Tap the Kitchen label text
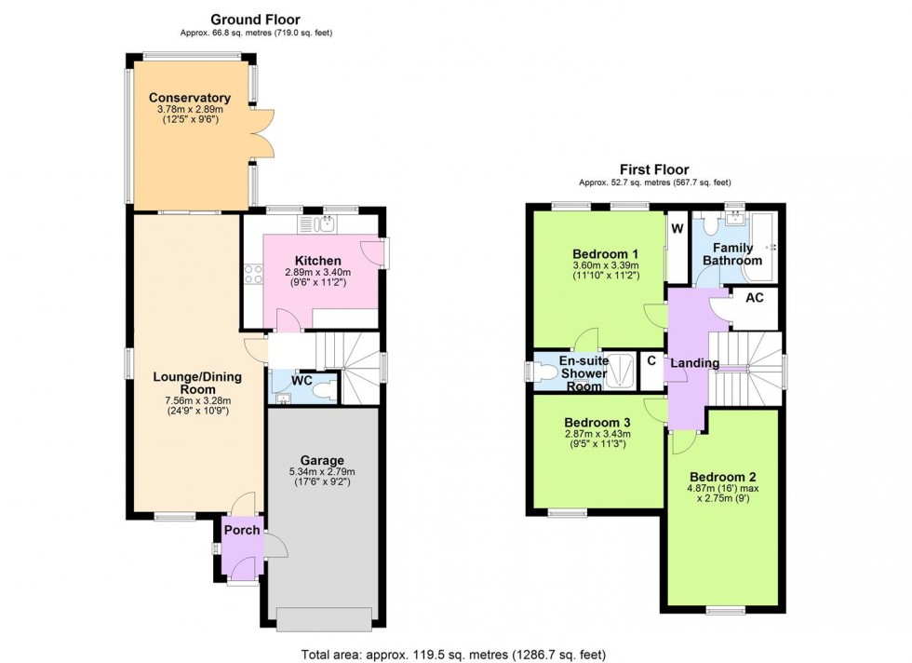pyautogui.click(x=317, y=260)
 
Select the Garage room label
pyautogui.click(x=322, y=460)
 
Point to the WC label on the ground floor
pyautogui.click(x=301, y=380)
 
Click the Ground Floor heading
pyautogui.click(x=255, y=19)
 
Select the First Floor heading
pyautogui.click(x=655, y=169)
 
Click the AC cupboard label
pyautogui.click(x=756, y=297)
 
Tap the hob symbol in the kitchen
pyautogui.click(x=251, y=273)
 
